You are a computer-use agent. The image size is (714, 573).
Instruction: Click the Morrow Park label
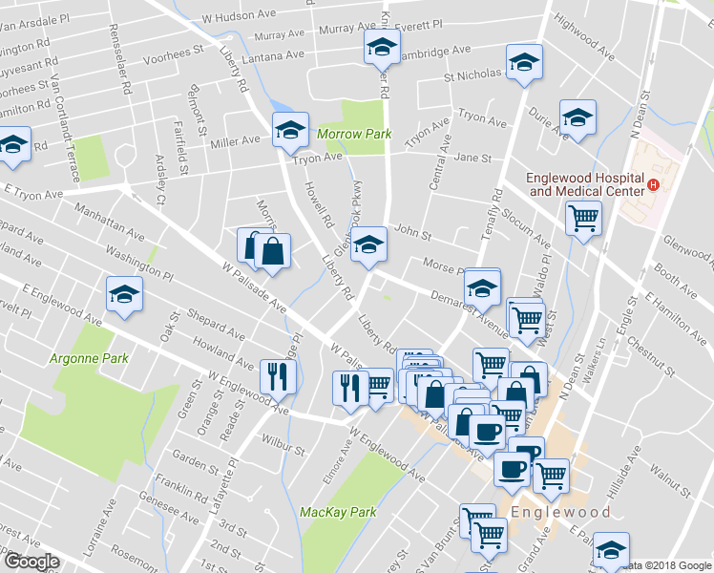355,135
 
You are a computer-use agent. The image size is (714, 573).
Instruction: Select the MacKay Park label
338,512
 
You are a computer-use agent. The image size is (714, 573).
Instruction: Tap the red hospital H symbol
653,184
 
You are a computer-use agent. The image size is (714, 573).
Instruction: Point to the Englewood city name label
559,512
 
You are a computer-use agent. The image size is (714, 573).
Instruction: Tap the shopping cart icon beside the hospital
583,218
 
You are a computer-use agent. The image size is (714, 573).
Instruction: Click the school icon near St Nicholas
523,62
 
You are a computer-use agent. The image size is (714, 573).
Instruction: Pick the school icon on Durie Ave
577,117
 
